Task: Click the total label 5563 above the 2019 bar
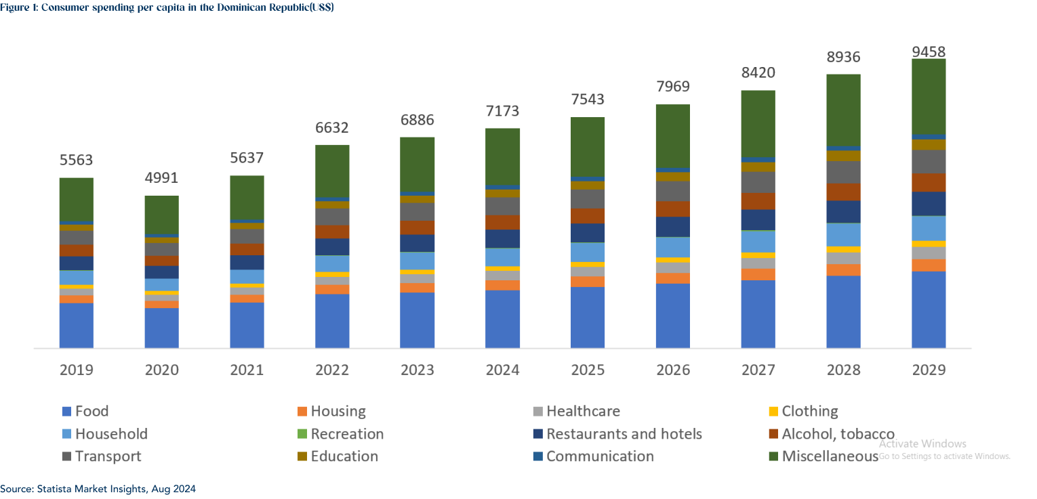point(76,160)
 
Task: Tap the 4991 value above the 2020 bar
point(161,178)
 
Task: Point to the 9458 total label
point(929,52)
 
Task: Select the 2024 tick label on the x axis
point(502,370)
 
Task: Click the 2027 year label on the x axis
point(758,370)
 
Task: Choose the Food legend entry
point(91,411)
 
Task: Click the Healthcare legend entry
point(583,411)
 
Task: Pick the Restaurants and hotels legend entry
point(624,434)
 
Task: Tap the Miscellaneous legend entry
point(830,456)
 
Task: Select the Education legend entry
point(344,456)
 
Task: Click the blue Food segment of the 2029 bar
point(929,309)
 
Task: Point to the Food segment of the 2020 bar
point(161,328)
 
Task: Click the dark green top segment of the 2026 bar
point(673,135)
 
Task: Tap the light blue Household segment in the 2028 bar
point(843,234)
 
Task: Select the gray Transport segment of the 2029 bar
point(929,161)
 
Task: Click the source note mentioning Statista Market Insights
point(98,488)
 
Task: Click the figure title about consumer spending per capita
point(167,7)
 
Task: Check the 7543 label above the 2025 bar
point(588,100)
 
